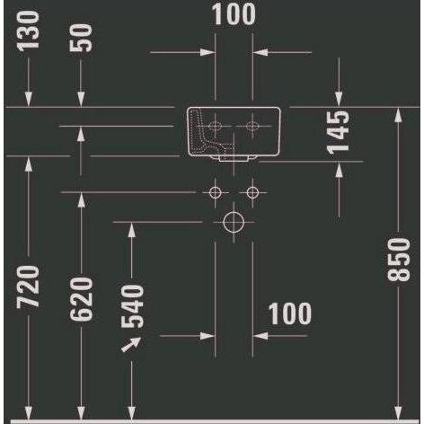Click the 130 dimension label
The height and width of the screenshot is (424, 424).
pyautogui.click(x=29, y=31)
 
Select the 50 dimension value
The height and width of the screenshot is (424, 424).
pyautogui.click(x=81, y=38)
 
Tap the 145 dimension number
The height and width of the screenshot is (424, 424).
pyautogui.click(x=339, y=133)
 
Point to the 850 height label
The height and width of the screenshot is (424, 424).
pyautogui.click(x=399, y=260)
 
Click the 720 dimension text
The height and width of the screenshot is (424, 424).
pyautogui.click(x=28, y=287)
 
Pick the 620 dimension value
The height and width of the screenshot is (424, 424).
pyautogui.click(x=81, y=299)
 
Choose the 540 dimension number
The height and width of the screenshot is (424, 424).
pyautogui.click(x=133, y=306)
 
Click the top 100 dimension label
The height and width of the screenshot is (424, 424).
pyautogui.click(x=234, y=13)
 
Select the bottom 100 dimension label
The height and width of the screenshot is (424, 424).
pyautogui.click(x=289, y=314)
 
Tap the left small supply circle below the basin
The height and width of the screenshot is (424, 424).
pyautogui.click(x=216, y=192)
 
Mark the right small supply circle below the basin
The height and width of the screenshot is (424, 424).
pyautogui.click(x=252, y=192)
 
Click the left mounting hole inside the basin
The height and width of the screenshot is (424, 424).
pyautogui.click(x=216, y=126)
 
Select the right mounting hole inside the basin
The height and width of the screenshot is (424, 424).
pyautogui.click(x=252, y=126)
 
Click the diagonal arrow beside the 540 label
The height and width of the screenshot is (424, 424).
pyautogui.click(x=131, y=344)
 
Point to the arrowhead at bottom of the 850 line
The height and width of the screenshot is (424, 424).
pyautogui.click(x=398, y=412)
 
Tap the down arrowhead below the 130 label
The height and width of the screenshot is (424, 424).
pyautogui.click(x=29, y=99)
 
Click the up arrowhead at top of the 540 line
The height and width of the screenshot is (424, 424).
pyautogui.click(x=132, y=230)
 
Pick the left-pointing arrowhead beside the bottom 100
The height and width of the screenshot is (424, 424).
pyautogui.click(x=261, y=336)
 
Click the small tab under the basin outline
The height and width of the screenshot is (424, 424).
pyautogui.click(x=234, y=159)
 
